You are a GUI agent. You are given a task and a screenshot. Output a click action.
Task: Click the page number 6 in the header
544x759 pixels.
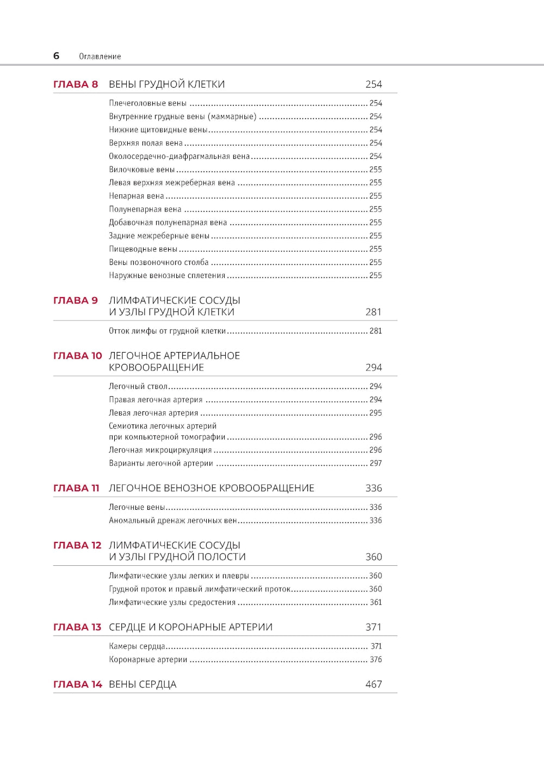pos(56,55)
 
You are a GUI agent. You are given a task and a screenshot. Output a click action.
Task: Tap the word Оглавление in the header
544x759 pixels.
pos(100,57)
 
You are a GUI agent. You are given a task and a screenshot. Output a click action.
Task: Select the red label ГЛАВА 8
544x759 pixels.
pos(76,84)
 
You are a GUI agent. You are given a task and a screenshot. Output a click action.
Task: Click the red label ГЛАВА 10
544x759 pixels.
pos(77,356)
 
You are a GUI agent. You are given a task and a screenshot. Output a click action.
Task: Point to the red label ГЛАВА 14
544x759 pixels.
pos(77,684)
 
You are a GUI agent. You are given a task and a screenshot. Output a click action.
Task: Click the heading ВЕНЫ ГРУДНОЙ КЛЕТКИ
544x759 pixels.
pos(166,84)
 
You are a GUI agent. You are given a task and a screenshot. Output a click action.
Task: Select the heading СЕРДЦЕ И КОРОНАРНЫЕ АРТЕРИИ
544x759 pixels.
pos(190,627)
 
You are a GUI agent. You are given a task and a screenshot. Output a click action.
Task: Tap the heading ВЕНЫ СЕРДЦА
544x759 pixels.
pos(143,684)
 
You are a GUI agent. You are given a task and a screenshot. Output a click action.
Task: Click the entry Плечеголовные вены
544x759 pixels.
pos(147,103)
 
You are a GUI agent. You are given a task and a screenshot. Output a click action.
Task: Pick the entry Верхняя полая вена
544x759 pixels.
pos(146,143)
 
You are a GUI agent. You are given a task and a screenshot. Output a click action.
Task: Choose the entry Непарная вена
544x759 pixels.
pos(136,196)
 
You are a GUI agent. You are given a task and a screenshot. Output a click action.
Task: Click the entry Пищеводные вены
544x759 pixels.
pos(143,249)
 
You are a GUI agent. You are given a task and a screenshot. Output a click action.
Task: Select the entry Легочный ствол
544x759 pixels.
pos(138,386)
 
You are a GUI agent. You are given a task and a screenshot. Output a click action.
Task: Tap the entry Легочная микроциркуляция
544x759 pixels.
pos(160,450)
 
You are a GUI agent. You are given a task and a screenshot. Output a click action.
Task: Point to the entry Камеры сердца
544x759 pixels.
pos(137,646)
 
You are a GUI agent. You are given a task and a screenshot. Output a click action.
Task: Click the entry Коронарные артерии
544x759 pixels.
pos(148,659)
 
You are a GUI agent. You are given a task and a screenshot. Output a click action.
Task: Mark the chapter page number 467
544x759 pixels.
pos(374,684)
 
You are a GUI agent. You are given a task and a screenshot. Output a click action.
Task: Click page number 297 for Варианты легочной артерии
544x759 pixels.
pos(375,464)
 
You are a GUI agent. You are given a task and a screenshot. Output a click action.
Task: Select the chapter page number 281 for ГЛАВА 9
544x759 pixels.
pos(373,312)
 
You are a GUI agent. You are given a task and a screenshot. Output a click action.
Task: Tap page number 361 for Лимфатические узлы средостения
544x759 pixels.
pos(375,602)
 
